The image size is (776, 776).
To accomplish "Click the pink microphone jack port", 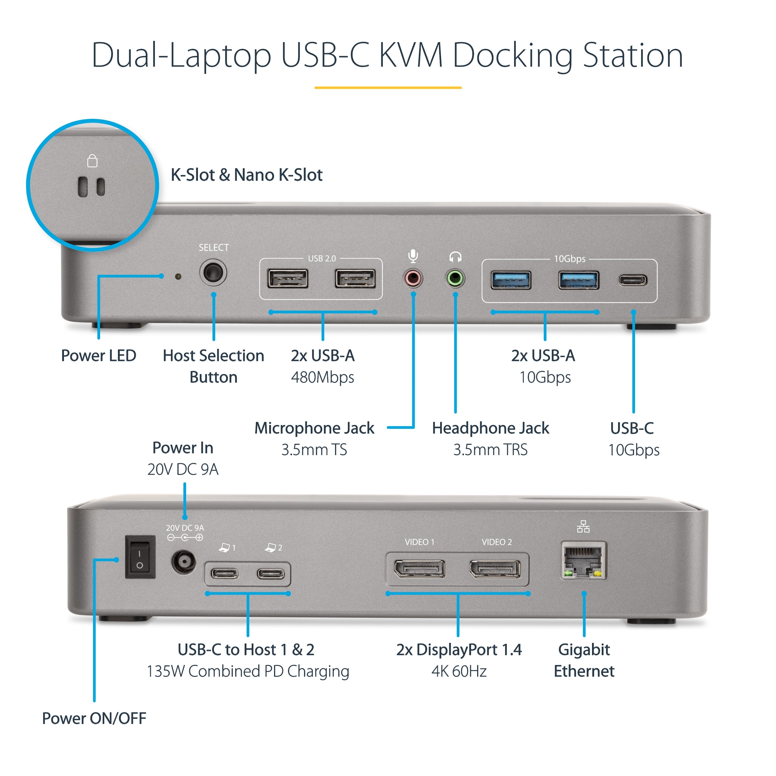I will [x=413, y=278].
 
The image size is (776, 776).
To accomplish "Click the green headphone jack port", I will [x=455, y=278].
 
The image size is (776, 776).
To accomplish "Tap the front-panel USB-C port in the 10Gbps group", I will [x=633, y=280].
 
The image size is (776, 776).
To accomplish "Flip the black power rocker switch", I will [x=140, y=557].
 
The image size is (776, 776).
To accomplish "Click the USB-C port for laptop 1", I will [x=225, y=574].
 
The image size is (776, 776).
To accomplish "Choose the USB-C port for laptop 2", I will [x=271, y=574].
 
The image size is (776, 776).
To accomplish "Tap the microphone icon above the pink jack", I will [x=413, y=256].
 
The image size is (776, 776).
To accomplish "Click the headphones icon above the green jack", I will [x=455, y=257].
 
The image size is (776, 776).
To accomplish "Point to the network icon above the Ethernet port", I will [x=583, y=526].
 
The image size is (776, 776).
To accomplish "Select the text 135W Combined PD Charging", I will [x=248, y=671].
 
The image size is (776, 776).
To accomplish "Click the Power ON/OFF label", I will [x=94, y=719].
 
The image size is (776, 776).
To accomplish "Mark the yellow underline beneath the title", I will [x=388, y=87].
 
